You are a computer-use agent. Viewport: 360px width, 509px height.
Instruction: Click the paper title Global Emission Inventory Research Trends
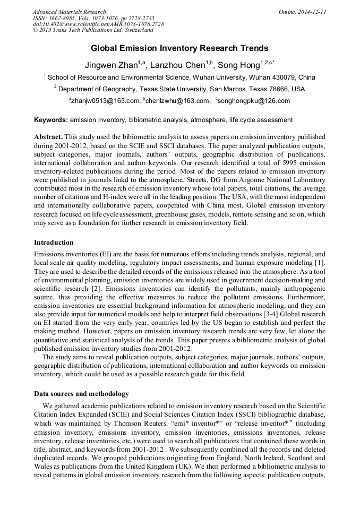coord(179,48)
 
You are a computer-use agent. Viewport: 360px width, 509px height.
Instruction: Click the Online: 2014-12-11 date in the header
coord(303,12)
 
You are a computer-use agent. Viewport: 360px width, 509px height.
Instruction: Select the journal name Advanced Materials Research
coord(70,12)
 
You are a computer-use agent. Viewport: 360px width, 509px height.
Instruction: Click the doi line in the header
coord(98,24)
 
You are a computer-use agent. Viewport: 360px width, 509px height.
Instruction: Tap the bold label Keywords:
coord(50,120)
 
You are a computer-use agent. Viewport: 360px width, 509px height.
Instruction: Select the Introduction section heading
coord(54,243)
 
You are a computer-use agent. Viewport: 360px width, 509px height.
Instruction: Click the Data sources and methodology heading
coord(81,394)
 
